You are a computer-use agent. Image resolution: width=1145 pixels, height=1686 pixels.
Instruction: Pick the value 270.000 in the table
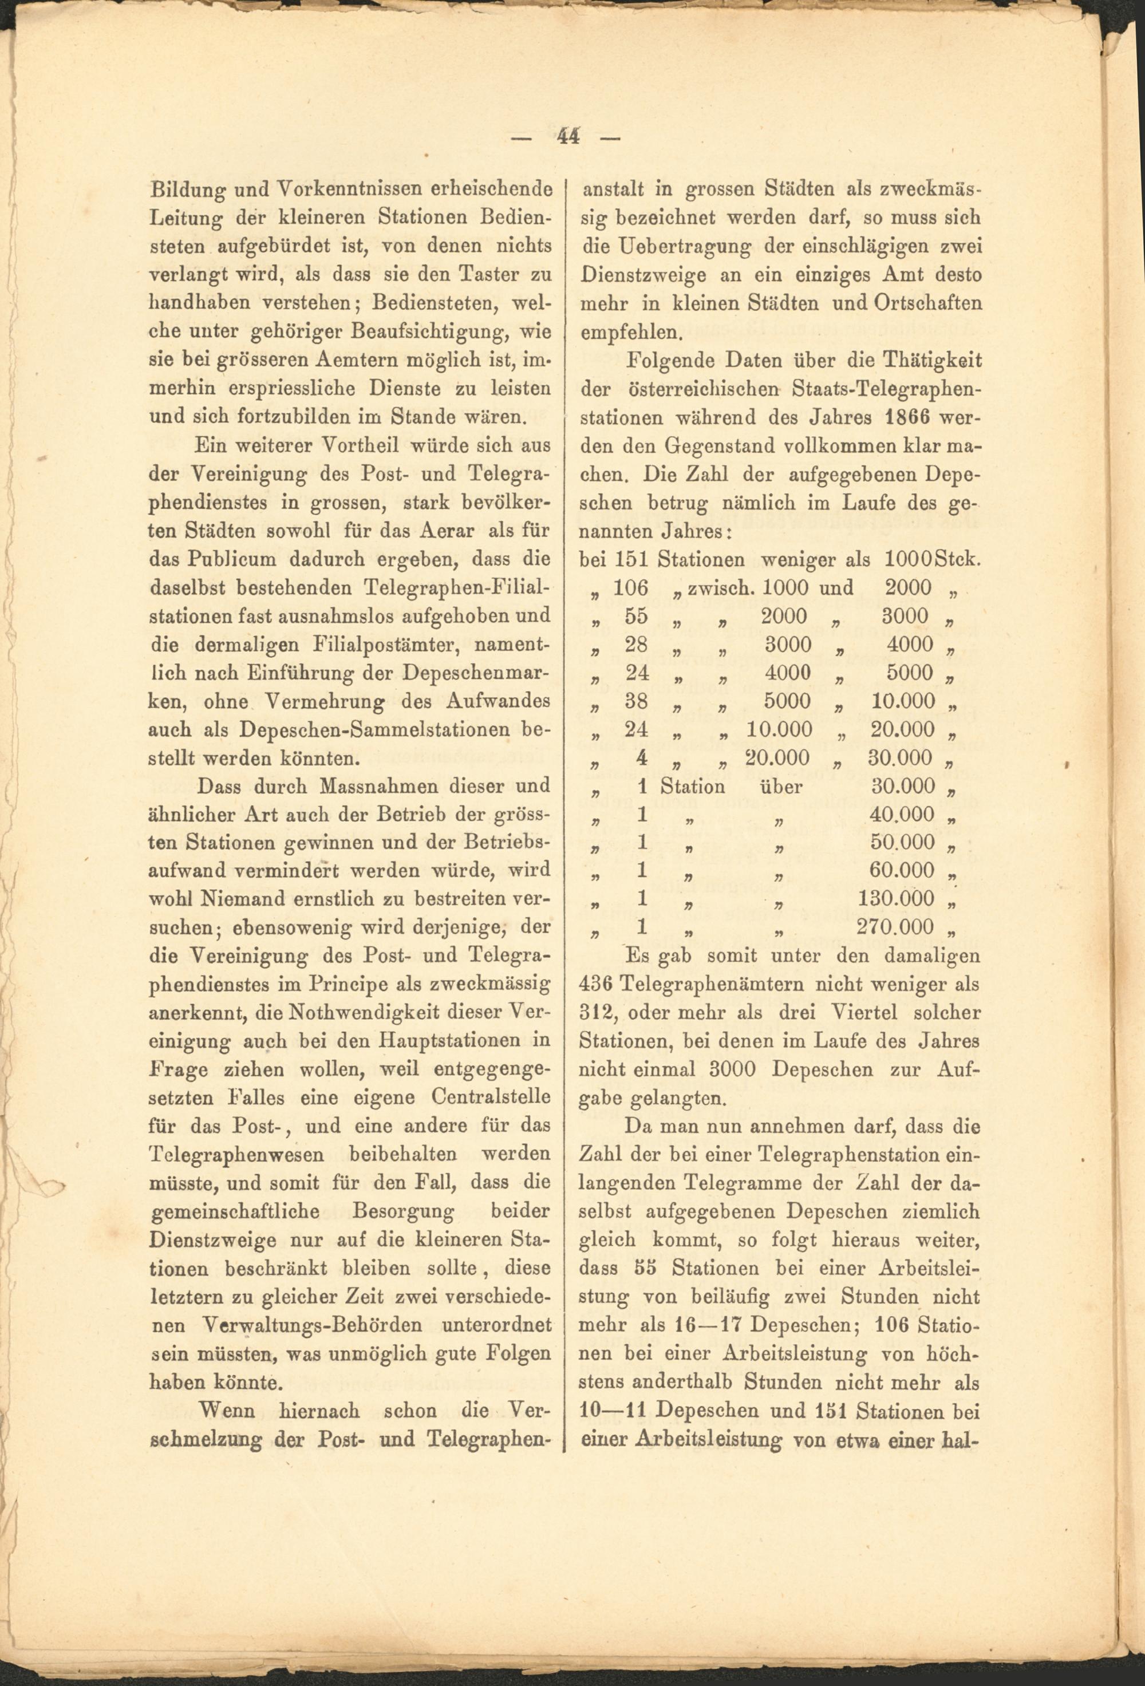(897, 927)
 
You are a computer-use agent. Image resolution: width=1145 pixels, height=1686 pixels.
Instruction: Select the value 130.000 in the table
(897, 899)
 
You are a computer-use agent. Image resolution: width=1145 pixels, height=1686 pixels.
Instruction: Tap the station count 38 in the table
(637, 701)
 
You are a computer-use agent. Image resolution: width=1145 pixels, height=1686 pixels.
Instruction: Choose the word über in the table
(781, 787)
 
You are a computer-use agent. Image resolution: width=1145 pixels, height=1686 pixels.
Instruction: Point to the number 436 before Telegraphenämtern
(597, 984)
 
